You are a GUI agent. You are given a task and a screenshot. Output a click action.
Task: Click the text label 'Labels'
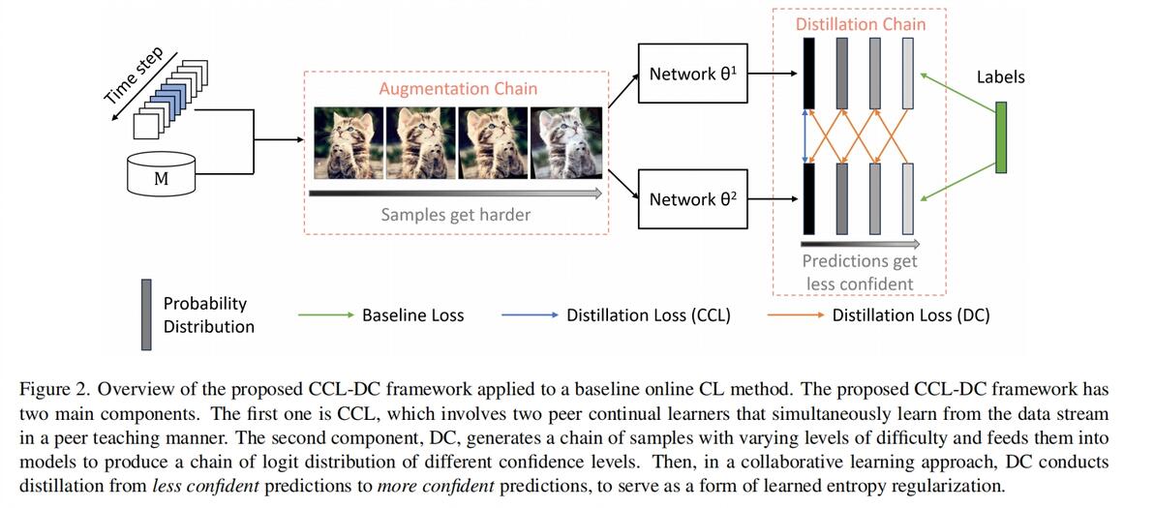coord(1000,76)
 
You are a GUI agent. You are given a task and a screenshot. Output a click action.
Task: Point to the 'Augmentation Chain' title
coord(458,89)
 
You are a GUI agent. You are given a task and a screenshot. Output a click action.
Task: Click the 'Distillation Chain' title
coord(860,24)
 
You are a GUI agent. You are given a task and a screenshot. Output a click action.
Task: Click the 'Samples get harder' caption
coord(455,215)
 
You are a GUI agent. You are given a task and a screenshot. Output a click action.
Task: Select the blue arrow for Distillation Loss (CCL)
coord(530,315)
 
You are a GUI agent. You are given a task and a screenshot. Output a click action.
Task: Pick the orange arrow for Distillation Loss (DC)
coord(795,315)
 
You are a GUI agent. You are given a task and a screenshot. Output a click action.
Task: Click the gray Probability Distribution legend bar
coord(147,314)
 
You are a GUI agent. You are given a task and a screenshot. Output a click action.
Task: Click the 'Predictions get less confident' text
coord(860,272)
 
